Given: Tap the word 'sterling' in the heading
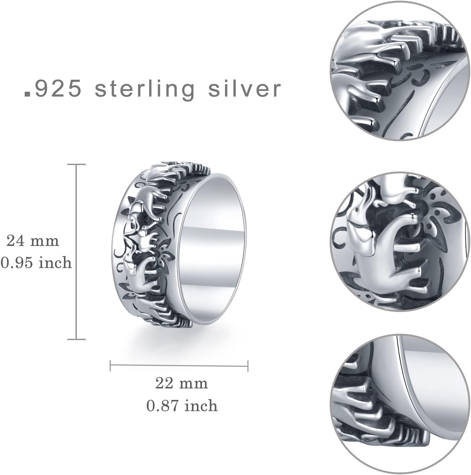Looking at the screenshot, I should (x=145, y=89).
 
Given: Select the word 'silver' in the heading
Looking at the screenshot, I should (x=245, y=89).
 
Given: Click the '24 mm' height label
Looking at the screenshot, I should (x=33, y=241).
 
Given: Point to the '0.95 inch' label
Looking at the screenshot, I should (x=36, y=263).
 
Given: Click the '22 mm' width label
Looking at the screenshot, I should (x=182, y=383).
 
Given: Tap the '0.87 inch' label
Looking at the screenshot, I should (x=182, y=406).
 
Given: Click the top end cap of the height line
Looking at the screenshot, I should (x=77, y=164).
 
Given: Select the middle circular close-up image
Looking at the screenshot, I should (x=400, y=242).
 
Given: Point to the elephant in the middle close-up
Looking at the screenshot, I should (x=377, y=249).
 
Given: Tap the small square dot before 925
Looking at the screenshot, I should (x=27, y=94).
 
